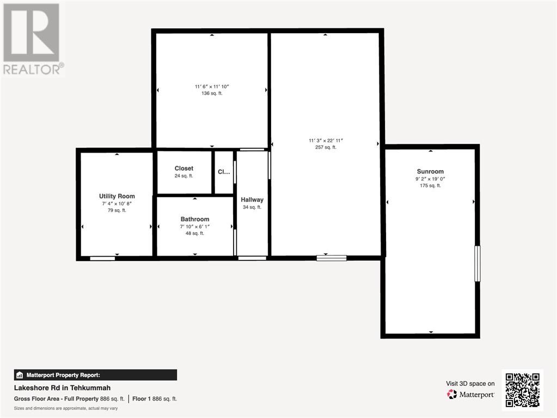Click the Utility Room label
click(x=117, y=196)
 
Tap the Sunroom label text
click(x=430, y=171)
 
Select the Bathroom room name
click(x=195, y=219)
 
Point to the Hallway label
click(x=252, y=200)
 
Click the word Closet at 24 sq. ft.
click(x=183, y=168)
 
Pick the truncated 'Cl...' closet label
click(x=224, y=172)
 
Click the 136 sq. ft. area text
click(x=212, y=93)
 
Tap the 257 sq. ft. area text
click(x=326, y=147)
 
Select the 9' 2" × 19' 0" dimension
click(x=430, y=179)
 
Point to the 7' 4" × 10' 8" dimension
click(x=117, y=204)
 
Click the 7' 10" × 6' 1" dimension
click(x=195, y=227)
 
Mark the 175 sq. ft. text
click(x=430, y=185)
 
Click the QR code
click(x=523, y=390)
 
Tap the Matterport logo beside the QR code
click(x=470, y=395)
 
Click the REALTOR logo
click(x=33, y=39)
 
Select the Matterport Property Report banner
click(x=95, y=375)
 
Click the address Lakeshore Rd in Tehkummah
click(x=62, y=388)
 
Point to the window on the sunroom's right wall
click(x=478, y=264)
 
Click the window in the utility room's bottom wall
click(x=102, y=258)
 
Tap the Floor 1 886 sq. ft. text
click(x=155, y=399)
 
